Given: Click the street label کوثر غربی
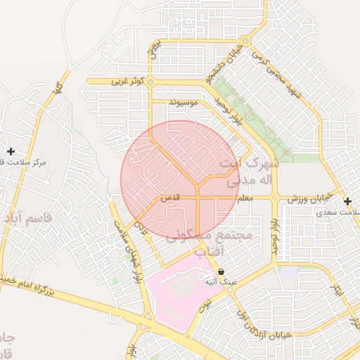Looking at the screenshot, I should pyautogui.click(x=127, y=82).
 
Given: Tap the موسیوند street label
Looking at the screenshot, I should pyautogui.click(x=184, y=103).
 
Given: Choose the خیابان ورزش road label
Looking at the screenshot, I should pyautogui.click(x=307, y=200).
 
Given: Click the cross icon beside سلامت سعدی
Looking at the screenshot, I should pyautogui.click(x=347, y=201).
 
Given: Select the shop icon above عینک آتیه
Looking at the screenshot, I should pyautogui.click(x=221, y=271).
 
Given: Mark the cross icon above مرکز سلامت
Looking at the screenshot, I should pyautogui.click(x=11, y=151).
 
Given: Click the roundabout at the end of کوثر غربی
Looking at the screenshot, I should pyautogui.click(x=150, y=82).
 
